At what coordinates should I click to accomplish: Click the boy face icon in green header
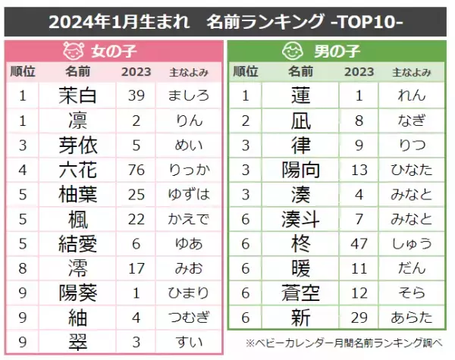(292, 52)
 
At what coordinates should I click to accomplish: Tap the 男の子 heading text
(334, 53)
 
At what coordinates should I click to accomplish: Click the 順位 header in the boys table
(244, 73)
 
